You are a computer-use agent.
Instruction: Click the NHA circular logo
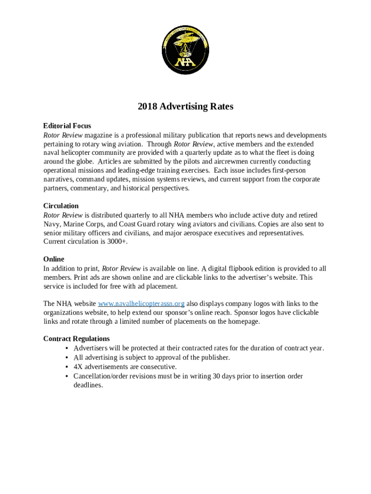[x=185, y=50]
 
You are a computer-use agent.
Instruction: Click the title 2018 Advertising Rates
[x=185, y=107]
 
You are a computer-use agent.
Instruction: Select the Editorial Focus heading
[x=67, y=126]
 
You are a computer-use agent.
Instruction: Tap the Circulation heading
[x=61, y=206]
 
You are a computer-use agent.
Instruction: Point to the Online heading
[x=53, y=259]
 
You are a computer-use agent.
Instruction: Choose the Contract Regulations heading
[x=77, y=339]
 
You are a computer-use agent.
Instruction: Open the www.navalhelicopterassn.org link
[x=141, y=303]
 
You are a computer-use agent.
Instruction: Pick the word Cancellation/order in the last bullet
[x=102, y=376]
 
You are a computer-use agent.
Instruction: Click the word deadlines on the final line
[x=88, y=385]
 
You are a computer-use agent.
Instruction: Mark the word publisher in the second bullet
[x=213, y=357]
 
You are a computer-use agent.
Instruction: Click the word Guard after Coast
[x=149, y=224]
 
